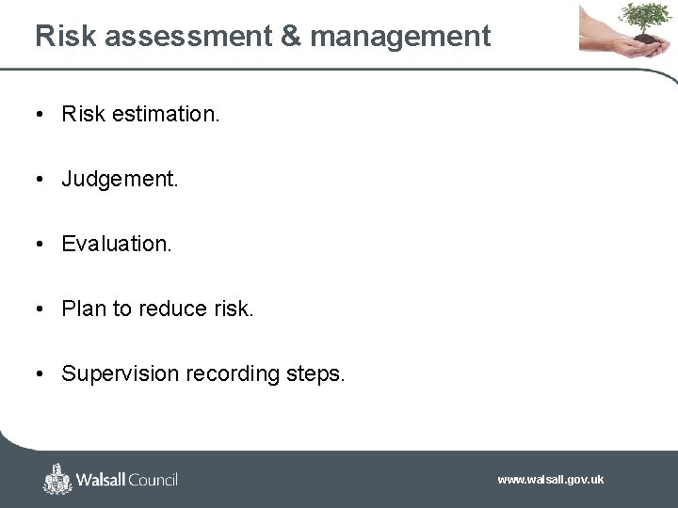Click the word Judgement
(x=120, y=179)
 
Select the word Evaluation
(x=117, y=244)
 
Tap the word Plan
(x=84, y=309)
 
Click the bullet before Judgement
(x=41, y=179)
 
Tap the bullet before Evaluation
(x=41, y=244)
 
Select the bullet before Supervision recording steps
(x=41, y=373)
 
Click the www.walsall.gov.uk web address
(x=551, y=480)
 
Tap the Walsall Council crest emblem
(x=57, y=479)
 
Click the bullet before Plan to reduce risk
(x=41, y=309)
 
